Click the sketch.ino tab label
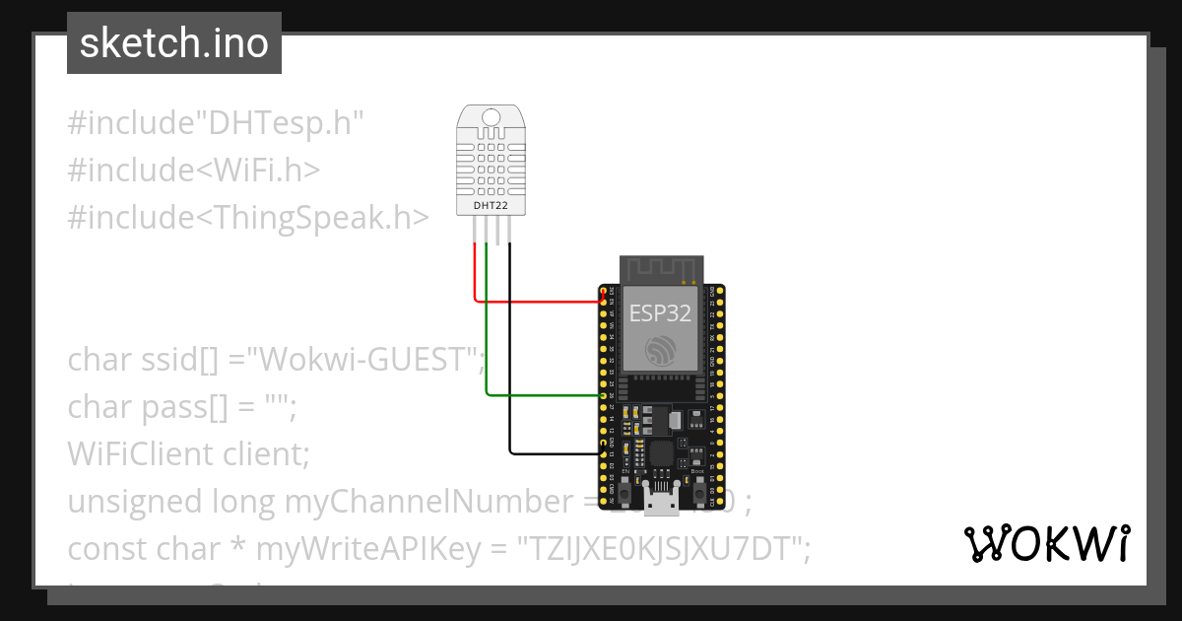[173, 43]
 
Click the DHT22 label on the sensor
[490, 204]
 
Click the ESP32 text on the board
[660, 313]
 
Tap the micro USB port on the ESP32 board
[660, 503]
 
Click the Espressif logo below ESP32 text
[660, 350]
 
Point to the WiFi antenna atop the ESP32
[660, 268]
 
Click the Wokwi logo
[1046, 543]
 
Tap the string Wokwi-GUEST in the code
[368, 360]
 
